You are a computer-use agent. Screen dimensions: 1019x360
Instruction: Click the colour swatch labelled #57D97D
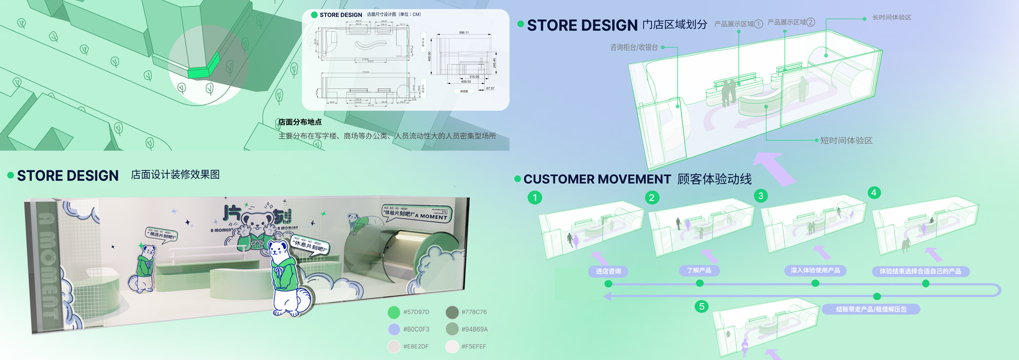pos(394,312)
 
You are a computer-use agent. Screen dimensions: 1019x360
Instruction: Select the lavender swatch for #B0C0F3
pos(394,329)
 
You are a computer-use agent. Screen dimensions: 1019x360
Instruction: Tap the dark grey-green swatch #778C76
pos(452,312)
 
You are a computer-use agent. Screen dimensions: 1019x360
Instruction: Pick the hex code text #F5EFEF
pos(473,347)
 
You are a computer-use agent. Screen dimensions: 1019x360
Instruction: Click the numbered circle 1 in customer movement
pos(535,197)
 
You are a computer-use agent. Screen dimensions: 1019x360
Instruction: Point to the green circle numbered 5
pos(702,307)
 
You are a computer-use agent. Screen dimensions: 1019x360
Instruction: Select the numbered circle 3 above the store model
pos(761,196)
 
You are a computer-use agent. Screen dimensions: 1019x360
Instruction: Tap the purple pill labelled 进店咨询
pos(608,271)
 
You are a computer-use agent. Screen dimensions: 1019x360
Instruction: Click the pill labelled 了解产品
pos(699,271)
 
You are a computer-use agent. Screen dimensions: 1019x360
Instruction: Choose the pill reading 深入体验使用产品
pos(815,271)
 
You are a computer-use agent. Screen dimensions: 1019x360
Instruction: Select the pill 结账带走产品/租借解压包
pos(871,309)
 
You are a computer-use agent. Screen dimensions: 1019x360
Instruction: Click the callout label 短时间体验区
pos(846,140)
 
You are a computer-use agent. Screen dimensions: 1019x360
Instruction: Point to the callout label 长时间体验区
pos(891,17)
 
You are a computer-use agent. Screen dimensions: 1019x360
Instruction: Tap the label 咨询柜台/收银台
pos(634,47)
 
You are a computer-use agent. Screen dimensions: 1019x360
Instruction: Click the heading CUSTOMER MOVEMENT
pos(597,179)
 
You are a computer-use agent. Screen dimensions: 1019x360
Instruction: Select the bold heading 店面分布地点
pos(300,122)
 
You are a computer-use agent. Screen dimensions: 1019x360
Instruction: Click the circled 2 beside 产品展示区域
pos(811,22)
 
